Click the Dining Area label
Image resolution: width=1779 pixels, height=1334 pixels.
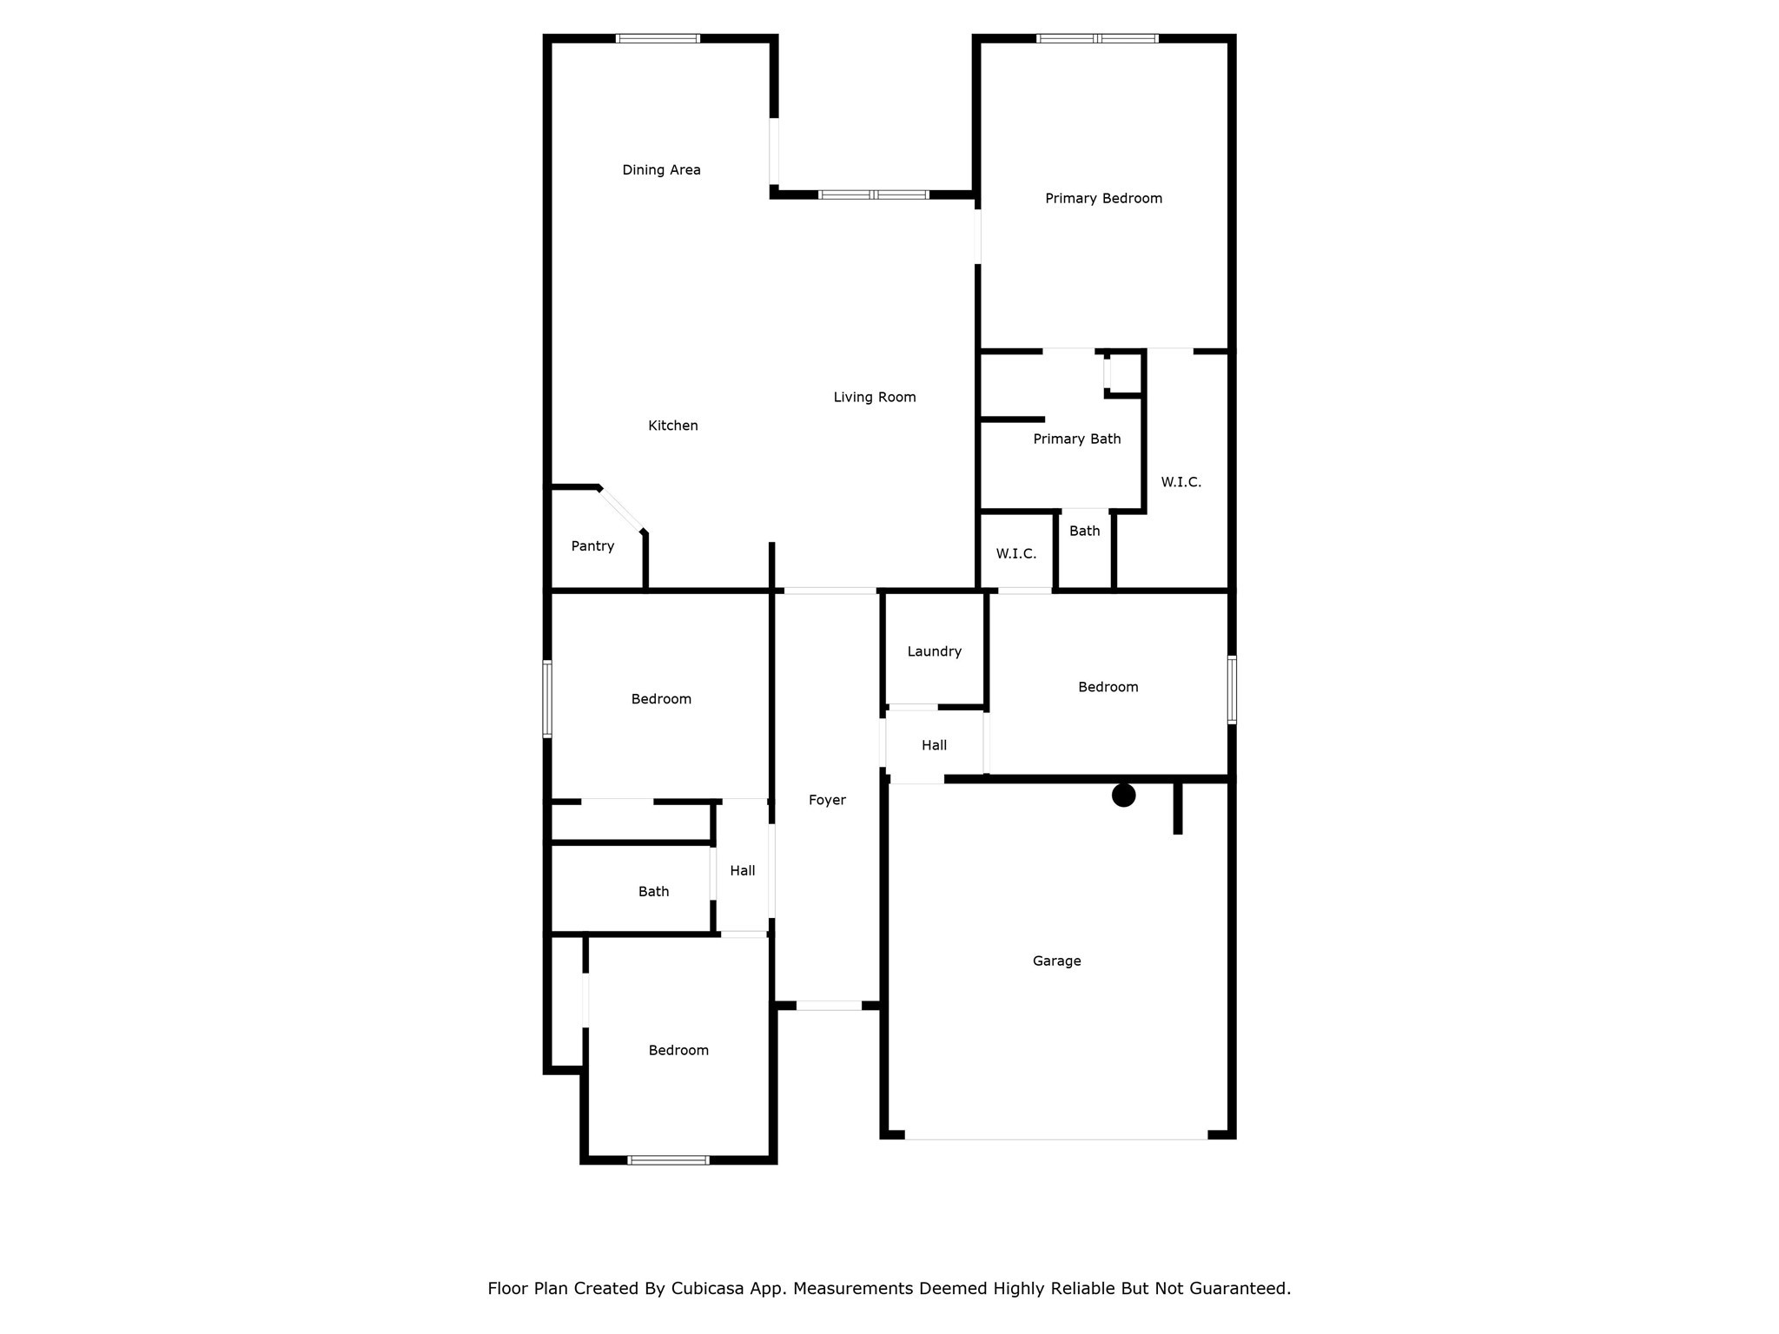661,170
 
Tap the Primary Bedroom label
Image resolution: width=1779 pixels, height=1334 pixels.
1103,199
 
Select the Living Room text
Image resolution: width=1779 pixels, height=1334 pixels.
874,398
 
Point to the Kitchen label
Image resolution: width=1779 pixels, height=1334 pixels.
672,426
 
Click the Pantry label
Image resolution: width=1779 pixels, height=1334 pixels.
592,546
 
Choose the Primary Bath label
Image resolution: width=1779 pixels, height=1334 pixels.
1076,439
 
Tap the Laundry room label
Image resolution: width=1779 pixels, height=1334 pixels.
934,652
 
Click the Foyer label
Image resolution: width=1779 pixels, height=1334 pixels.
826,801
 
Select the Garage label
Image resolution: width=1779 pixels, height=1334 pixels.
1056,961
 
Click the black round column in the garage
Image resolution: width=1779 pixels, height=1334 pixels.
1123,796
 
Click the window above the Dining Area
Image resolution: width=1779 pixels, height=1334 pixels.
658,38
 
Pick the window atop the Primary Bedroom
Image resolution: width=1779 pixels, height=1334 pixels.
1097,38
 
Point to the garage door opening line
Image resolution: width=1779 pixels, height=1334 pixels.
1055,1139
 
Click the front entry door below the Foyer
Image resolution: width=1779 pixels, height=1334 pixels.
829,1006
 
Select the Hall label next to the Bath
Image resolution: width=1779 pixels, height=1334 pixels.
742,871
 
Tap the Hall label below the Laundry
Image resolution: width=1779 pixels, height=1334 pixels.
934,746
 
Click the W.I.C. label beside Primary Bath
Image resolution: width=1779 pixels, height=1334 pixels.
1180,483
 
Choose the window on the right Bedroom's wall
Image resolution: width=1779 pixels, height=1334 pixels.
1232,690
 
